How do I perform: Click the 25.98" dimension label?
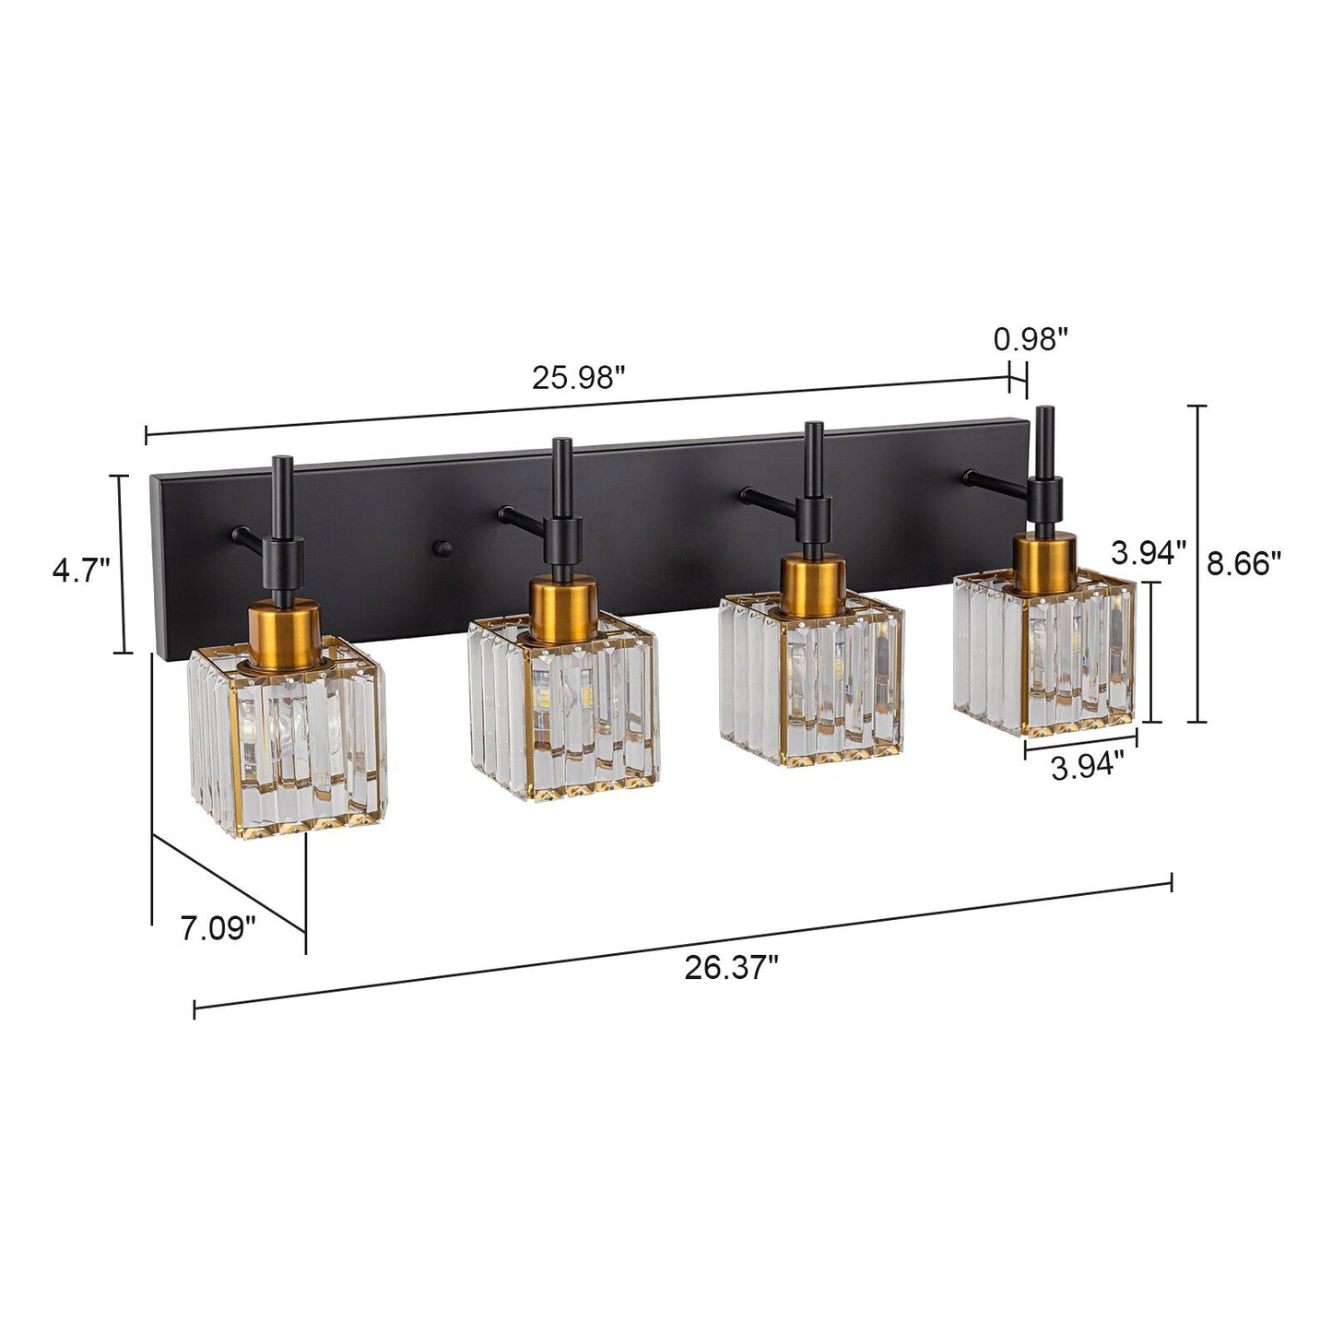coord(578,379)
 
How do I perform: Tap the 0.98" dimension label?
coord(1030,339)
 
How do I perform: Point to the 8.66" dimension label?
coord(1244,563)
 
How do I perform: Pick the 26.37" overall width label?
coord(731,968)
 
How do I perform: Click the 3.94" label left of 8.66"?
coord(1148,553)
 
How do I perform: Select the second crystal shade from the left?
coord(563,705)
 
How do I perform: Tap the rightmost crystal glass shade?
coord(1044,653)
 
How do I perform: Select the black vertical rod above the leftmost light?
coord(282,498)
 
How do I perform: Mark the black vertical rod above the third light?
coord(813,461)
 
